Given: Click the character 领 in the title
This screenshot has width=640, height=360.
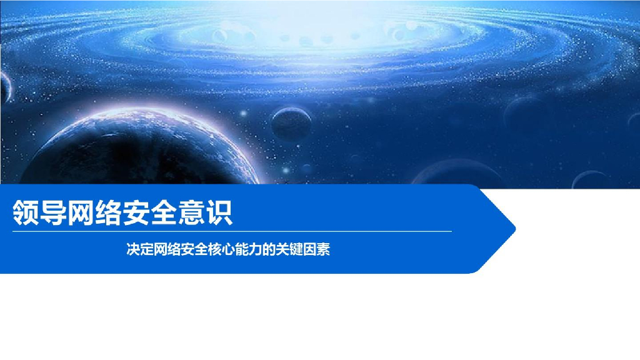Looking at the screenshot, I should (27, 212).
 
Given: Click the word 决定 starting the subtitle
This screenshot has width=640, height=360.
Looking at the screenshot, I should (139, 250).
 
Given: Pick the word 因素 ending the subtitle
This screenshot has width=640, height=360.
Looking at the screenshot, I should (316, 250).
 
